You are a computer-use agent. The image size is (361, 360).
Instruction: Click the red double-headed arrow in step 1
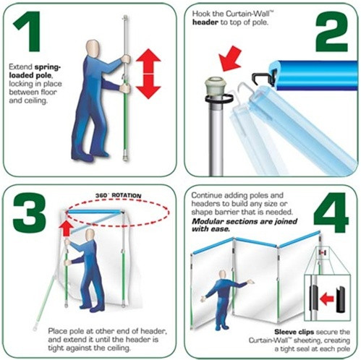[148, 74]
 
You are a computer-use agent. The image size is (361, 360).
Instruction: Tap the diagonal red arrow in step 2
[230, 59]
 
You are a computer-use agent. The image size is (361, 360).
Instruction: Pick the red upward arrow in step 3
[67, 228]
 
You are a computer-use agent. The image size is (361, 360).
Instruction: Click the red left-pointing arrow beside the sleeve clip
[327, 299]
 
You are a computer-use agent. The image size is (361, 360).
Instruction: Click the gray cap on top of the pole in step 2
[216, 86]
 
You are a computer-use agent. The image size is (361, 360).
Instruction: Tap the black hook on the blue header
[263, 77]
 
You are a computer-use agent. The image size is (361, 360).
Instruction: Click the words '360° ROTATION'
[118, 195]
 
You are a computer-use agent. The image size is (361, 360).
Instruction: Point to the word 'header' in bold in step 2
[205, 22]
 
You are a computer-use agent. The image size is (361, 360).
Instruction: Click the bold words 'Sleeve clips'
[294, 332]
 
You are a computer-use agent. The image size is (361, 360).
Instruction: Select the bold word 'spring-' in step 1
[48, 67]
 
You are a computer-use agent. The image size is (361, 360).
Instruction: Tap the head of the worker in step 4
[223, 275]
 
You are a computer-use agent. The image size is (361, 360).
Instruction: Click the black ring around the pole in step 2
[219, 98]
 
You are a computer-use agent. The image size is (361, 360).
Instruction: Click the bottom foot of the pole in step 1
[125, 158]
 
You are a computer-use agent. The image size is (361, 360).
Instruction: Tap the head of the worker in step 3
[90, 235]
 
